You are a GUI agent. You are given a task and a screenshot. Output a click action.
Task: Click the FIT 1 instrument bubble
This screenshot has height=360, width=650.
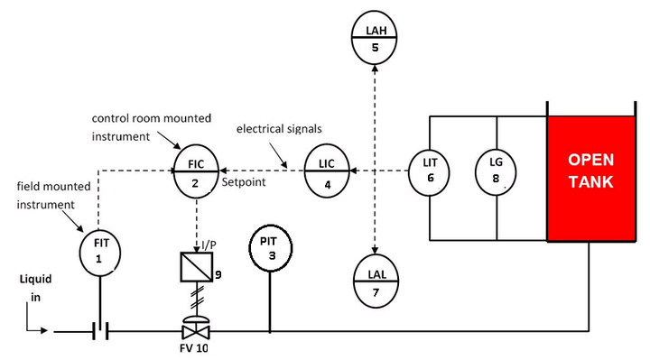(x=98, y=252)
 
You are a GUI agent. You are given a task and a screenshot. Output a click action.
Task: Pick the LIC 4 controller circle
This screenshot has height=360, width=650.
(x=327, y=170)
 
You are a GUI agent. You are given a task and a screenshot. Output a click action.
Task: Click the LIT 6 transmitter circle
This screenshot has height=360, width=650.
(x=430, y=171)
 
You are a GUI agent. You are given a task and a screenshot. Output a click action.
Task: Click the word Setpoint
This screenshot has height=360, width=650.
(x=244, y=181)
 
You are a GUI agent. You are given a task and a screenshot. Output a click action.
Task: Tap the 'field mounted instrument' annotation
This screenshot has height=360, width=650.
(x=48, y=195)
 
